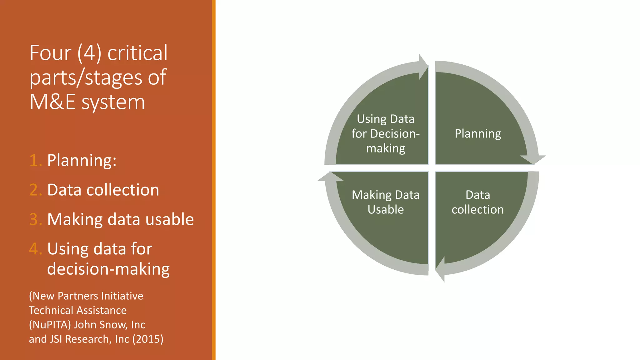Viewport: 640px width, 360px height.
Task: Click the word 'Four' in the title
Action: (x=50, y=53)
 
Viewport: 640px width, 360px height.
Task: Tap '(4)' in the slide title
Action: (x=89, y=53)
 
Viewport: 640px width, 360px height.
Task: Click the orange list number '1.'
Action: (x=35, y=160)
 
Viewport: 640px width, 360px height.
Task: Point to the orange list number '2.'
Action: (x=35, y=190)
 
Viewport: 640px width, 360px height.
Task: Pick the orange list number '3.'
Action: (x=35, y=219)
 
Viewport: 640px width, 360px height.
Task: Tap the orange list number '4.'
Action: (x=35, y=249)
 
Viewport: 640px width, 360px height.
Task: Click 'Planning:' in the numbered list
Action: (x=82, y=160)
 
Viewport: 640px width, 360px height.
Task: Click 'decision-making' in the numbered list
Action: (x=108, y=269)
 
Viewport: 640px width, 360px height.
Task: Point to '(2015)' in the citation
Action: (x=148, y=339)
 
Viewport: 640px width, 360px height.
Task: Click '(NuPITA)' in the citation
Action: (x=50, y=325)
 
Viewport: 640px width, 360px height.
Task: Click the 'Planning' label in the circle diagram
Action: (x=478, y=134)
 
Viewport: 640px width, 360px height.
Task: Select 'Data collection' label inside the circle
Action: (x=477, y=202)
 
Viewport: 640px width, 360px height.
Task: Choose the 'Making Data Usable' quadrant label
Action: (x=386, y=202)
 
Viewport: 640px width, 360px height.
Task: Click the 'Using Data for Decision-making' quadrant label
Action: (x=386, y=134)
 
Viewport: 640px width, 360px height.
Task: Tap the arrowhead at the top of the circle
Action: (x=423, y=67)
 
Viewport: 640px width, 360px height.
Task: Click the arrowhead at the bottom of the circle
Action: (x=441, y=269)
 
